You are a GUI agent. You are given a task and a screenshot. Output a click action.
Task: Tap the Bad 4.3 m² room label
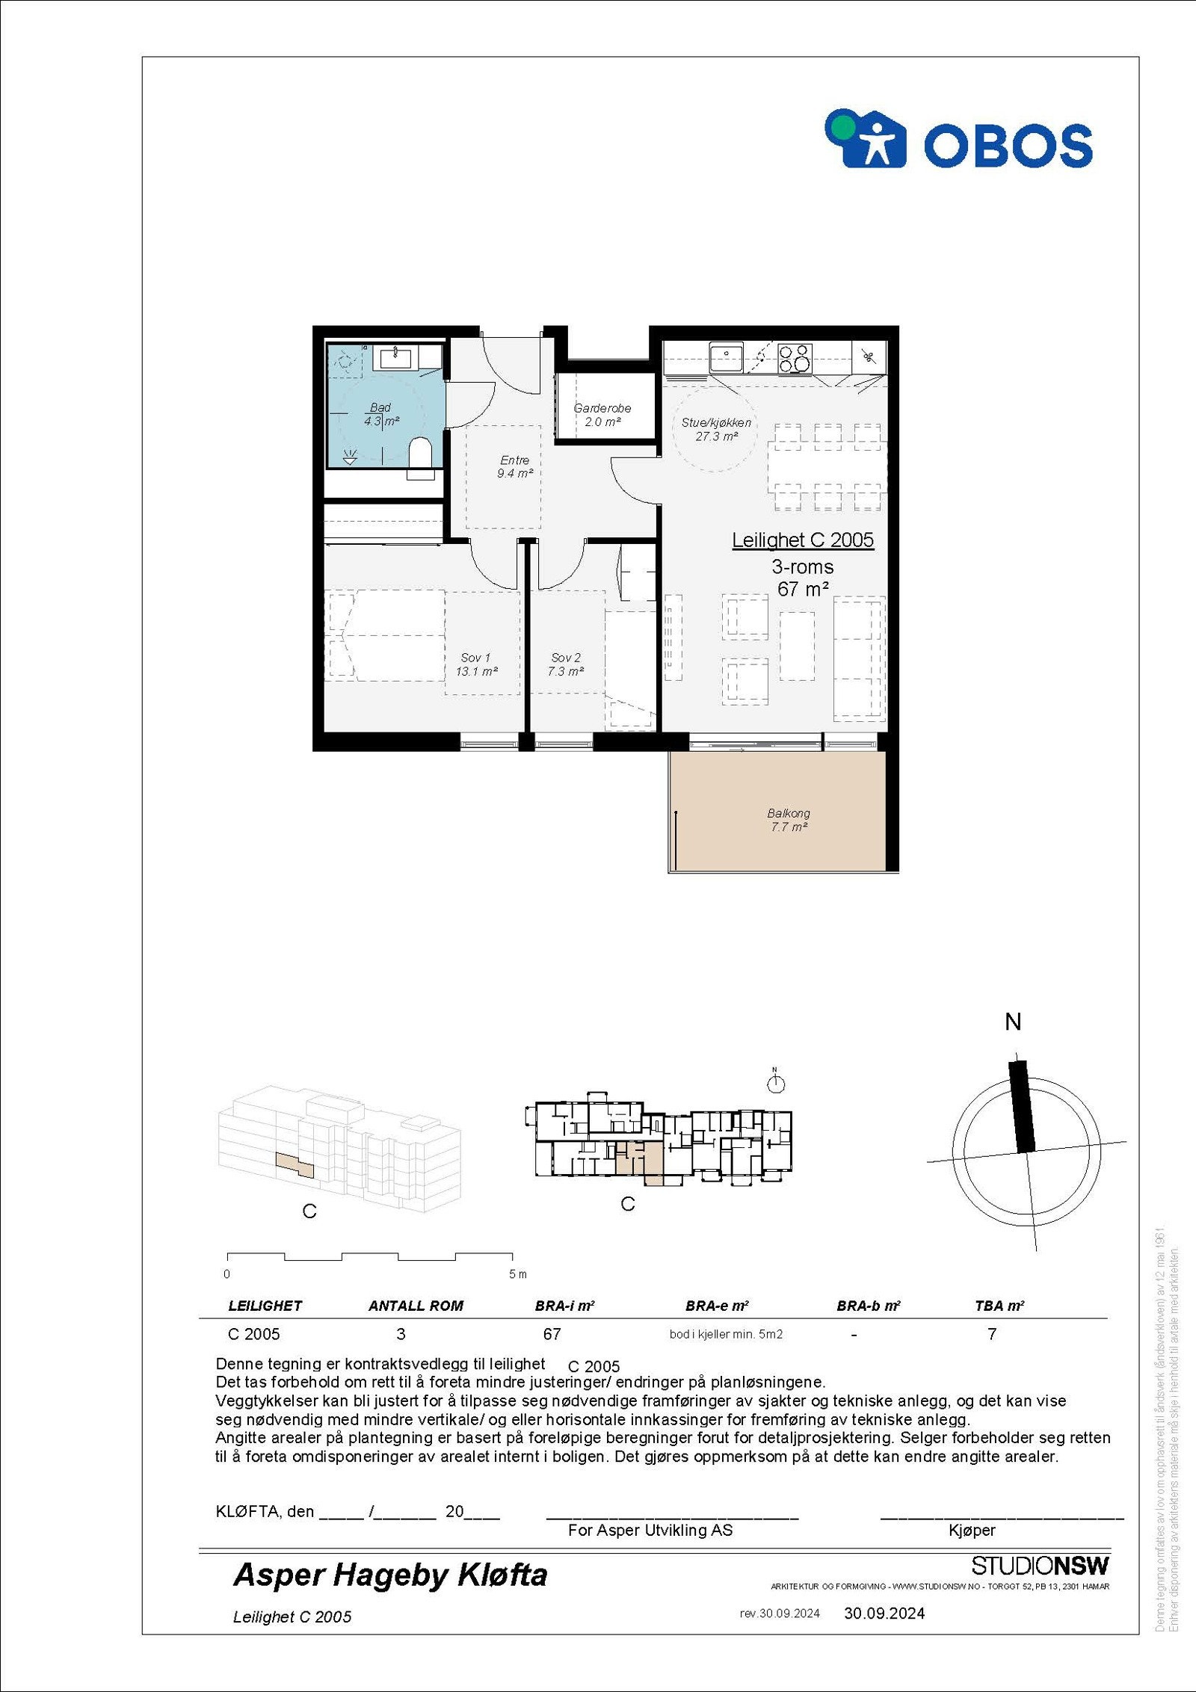[x=380, y=414]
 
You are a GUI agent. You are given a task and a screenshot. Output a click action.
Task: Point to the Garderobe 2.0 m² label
[x=602, y=415]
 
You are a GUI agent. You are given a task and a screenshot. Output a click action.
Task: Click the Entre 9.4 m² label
[x=514, y=466]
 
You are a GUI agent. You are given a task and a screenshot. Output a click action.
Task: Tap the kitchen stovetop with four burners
[x=795, y=358]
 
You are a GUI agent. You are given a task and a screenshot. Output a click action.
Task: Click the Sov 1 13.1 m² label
[x=476, y=664]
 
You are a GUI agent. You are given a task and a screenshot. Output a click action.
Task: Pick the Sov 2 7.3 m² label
[x=565, y=664]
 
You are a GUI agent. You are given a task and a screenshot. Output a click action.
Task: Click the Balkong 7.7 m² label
[x=789, y=819]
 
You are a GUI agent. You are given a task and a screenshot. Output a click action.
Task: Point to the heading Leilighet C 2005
[x=802, y=540]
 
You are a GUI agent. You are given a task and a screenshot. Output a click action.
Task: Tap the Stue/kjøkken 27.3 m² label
[x=716, y=429]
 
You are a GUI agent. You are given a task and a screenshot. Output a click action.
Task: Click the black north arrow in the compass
[x=1022, y=1106]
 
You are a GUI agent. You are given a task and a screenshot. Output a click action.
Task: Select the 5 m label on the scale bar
[x=517, y=1273]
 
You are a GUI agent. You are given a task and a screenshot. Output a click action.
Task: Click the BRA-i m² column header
[x=564, y=1306]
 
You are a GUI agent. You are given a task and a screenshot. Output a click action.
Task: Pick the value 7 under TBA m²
[x=991, y=1334]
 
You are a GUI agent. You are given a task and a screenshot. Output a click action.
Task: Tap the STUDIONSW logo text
[x=1040, y=1565]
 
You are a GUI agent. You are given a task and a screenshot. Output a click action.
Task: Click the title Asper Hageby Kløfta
[x=390, y=1575]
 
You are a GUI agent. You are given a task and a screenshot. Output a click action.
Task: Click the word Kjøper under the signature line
[x=972, y=1530]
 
